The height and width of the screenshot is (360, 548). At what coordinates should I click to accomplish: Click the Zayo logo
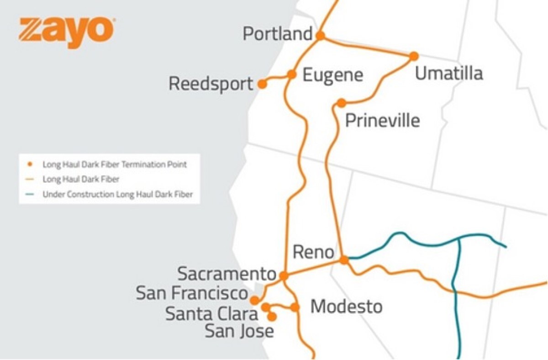[67, 32]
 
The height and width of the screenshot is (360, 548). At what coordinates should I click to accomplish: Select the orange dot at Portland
[321, 35]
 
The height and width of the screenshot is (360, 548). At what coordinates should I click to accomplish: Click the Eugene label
[333, 75]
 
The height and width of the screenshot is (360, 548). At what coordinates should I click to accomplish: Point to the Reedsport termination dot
[262, 84]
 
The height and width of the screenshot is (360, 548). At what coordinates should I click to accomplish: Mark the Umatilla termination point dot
[414, 56]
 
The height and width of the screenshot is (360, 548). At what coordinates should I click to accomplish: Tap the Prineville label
[382, 121]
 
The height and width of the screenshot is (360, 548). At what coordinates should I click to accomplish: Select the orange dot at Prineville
[341, 103]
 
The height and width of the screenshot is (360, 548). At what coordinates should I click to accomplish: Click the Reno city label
[313, 252]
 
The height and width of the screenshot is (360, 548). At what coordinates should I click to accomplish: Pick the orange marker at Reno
[344, 260]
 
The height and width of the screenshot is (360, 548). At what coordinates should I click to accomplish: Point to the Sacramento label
[227, 274]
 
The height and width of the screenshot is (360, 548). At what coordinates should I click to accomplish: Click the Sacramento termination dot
[284, 276]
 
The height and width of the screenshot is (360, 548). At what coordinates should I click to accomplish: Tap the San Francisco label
[192, 294]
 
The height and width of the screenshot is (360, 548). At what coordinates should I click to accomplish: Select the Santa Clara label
[211, 314]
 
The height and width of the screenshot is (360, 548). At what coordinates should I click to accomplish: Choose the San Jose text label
[239, 331]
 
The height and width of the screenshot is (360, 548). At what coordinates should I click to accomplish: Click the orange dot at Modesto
[295, 307]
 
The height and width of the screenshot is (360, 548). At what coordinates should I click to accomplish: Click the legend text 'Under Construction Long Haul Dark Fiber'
[117, 194]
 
